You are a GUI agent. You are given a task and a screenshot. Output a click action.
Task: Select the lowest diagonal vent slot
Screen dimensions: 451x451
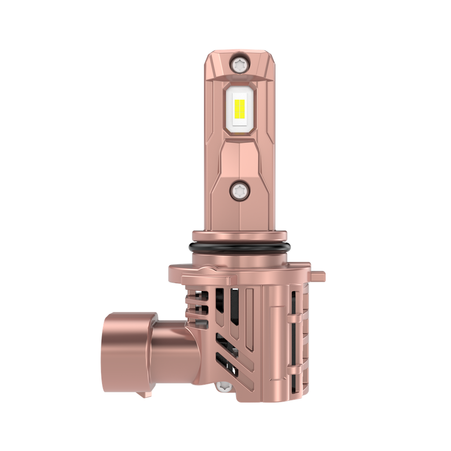point(226,369)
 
